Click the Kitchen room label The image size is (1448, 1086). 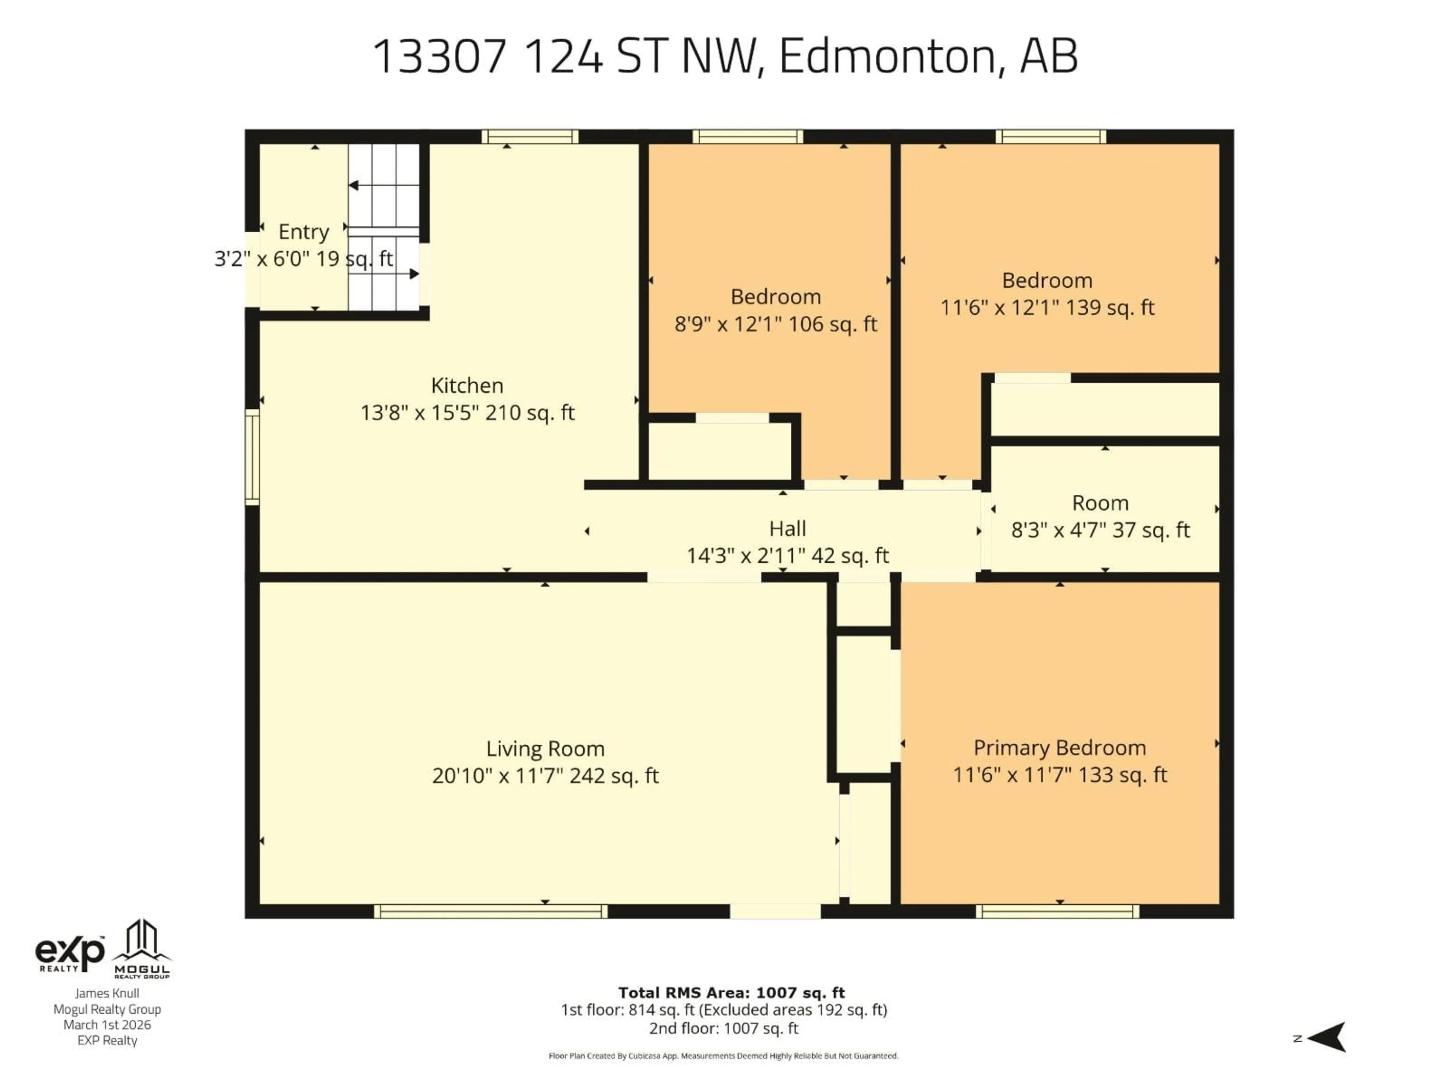pos(467,385)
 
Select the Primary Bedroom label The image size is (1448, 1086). pos(1059,747)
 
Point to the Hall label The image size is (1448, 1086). pos(787,528)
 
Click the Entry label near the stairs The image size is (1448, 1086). pos(303,232)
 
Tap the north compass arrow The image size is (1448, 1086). pos(1329,1038)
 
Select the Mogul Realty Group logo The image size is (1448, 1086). pos(142,949)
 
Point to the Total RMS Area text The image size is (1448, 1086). pos(731,992)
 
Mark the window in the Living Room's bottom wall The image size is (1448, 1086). pos(490,911)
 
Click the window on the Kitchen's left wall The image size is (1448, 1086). pos(252,457)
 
